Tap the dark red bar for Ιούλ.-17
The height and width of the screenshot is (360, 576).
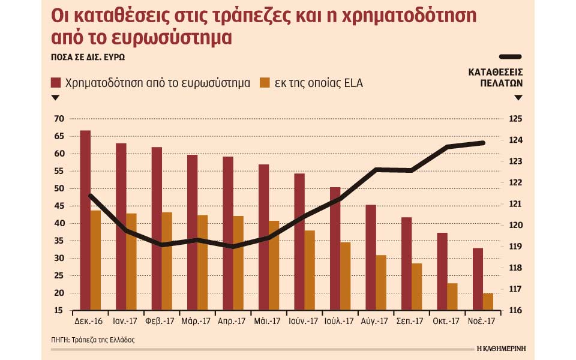(335, 248)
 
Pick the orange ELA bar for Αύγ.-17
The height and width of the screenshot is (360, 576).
(381, 283)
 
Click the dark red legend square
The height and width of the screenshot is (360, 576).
(56, 83)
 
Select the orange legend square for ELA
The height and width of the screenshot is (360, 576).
(263, 83)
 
